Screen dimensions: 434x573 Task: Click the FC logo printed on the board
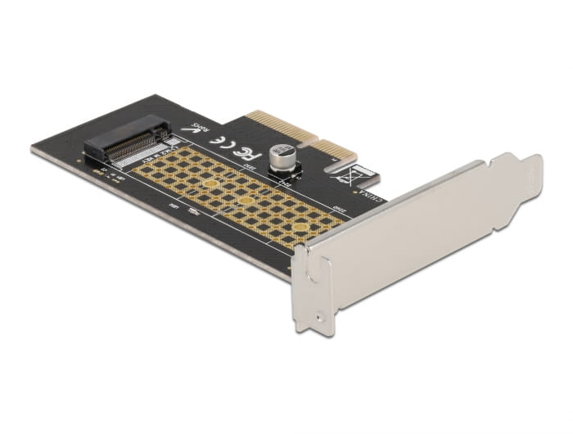[243, 151]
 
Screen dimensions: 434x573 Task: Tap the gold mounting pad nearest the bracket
[301, 227]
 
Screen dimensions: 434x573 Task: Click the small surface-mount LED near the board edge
[194, 210]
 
